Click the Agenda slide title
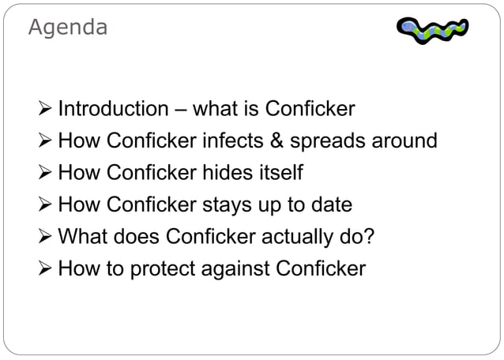[x=67, y=28]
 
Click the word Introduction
[x=113, y=108]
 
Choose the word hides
[x=234, y=173]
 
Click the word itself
[x=282, y=173]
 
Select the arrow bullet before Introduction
[x=44, y=109]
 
